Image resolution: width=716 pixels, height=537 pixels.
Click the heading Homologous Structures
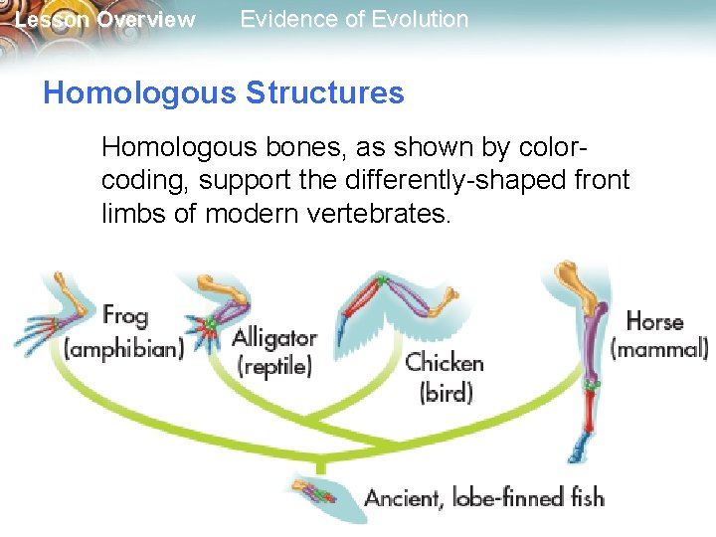pyautogui.click(x=224, y=93)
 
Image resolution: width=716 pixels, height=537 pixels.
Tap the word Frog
pyautogui.click(x=125, y=317)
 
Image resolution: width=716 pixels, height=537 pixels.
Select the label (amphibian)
pyautogui.click(x=124, y=350)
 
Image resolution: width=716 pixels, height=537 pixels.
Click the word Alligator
pyautogui.click(x=274, y=338)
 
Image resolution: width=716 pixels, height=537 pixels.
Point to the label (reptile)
pyautogui.click(x=274, y=366)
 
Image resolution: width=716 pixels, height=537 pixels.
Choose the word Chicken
pyautogui.click(x=445, y=363)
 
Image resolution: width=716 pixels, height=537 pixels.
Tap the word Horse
pyautogui.click(x=654, y=322)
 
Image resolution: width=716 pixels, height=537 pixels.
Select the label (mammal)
pyautogui.click(x=658, y=350)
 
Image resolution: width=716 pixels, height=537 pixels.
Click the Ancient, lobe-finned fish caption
pyautogui.click(x=484, y=496)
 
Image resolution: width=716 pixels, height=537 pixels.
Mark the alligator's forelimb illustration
pyautogui.click(x=215, y=308)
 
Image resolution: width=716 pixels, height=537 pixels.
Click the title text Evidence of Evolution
pyautogui.click(x=354, y=19)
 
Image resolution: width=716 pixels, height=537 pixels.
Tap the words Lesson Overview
pyautogui.click(x=105, y=20)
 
